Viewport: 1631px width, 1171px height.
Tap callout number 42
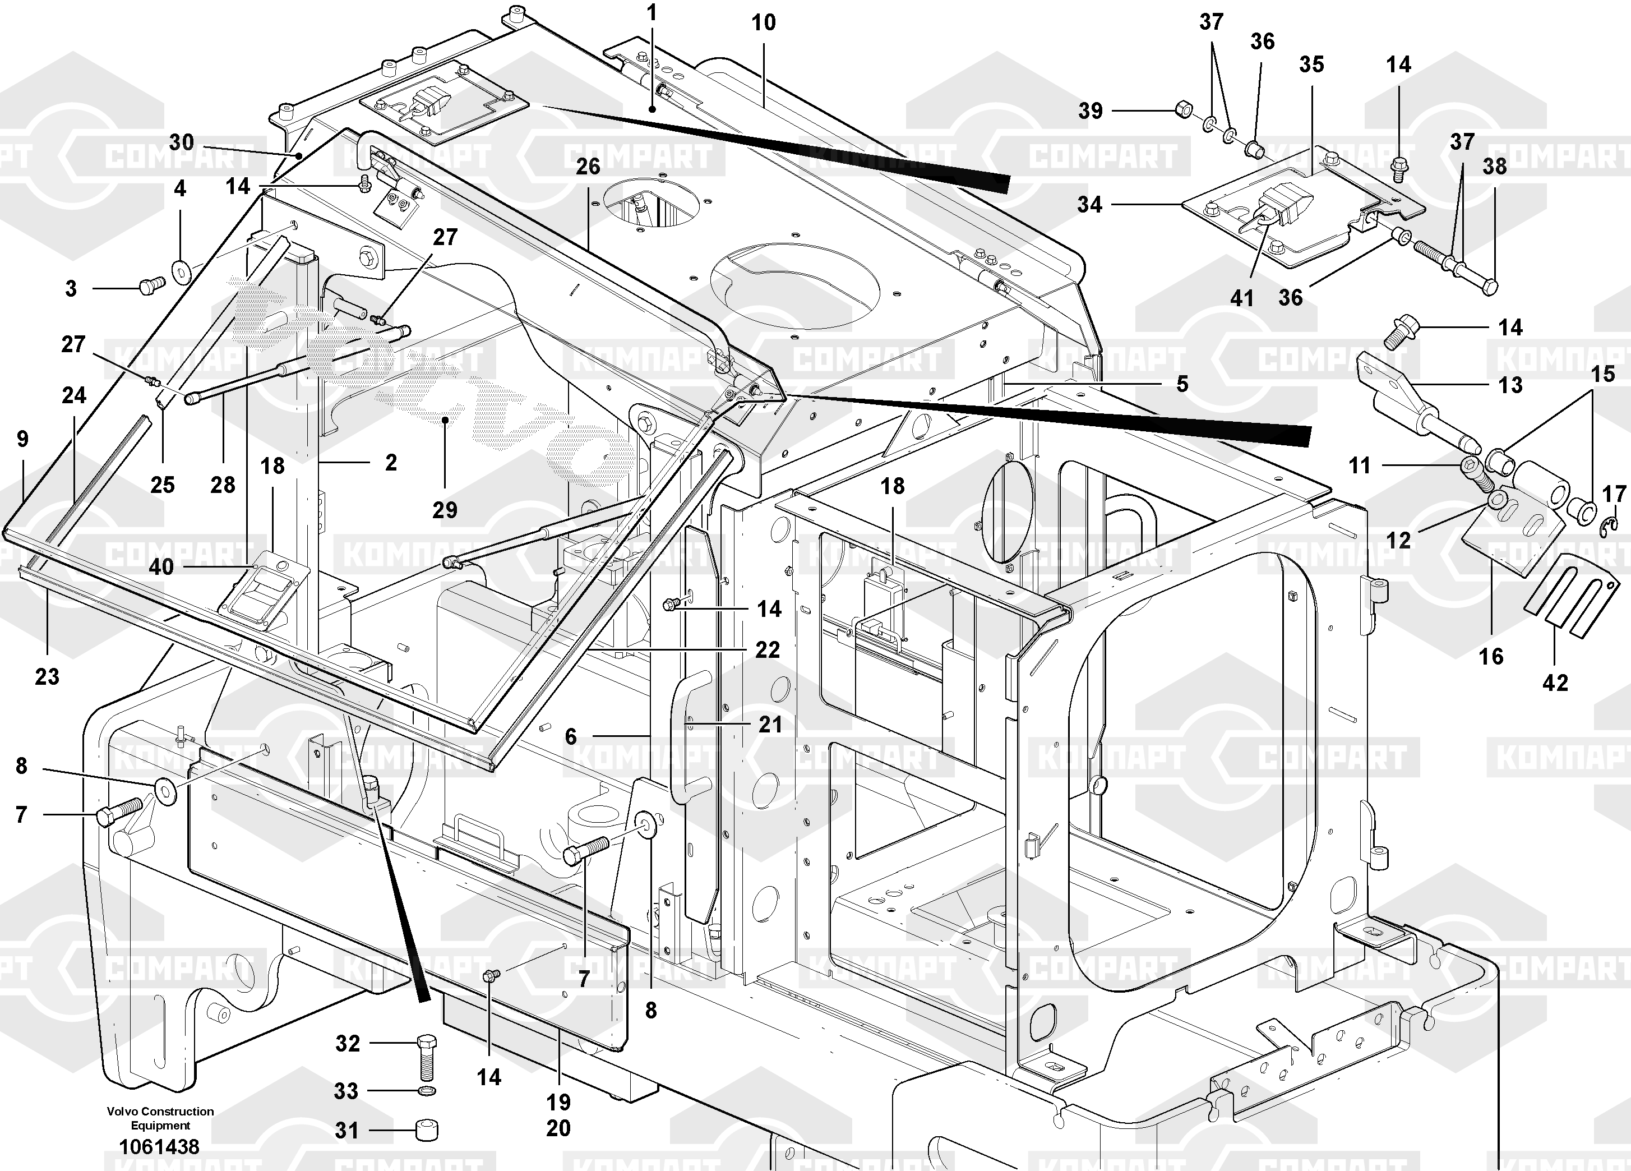point(1555,682)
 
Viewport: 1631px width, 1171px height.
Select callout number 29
point(445,510)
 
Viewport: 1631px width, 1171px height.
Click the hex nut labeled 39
point(1183,110)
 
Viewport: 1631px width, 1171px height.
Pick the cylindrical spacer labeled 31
point(427,1130)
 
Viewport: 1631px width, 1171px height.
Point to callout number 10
point(764,22)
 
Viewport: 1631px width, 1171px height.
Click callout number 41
point(1242,297)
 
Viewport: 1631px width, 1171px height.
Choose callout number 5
point(1182,384)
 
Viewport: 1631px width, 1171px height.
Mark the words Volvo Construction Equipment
point(160,1118)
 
